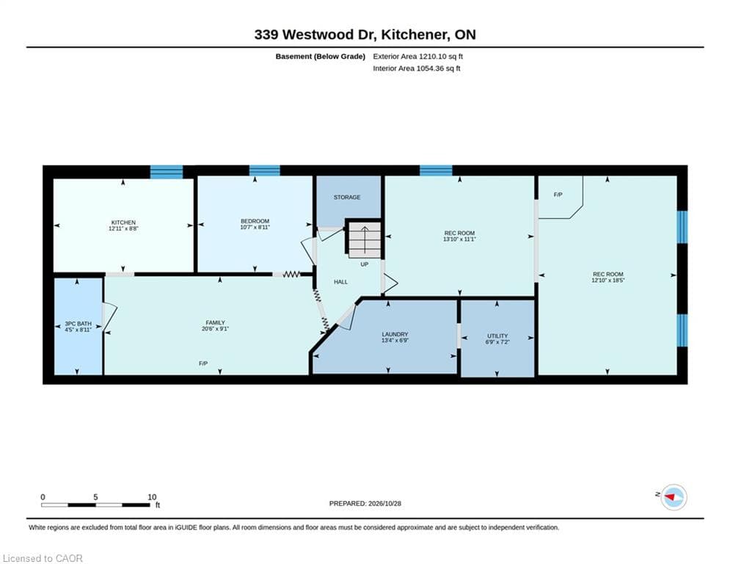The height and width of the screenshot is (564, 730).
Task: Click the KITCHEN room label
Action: tap(123, 223)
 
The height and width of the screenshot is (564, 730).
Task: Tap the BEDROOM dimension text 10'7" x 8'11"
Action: tap(255, 228)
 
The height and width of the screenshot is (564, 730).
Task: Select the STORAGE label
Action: tap(347, 197)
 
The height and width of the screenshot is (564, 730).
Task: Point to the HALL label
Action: tap(341, 282)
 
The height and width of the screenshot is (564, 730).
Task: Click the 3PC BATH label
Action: tap(78, 323)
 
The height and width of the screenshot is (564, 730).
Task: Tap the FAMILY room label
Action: tap(215, 322)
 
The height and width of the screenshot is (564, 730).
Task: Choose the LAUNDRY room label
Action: tap(395, 334)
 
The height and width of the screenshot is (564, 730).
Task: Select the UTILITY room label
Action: tap(497, 336)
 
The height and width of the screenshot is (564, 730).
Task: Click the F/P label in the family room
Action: tap(203, 363)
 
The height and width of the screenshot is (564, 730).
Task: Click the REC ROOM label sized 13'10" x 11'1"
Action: tap(459, 233)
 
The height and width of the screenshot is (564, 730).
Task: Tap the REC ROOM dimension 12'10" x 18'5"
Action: tap(607, 281)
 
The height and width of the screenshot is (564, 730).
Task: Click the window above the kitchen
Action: tap(167, 172)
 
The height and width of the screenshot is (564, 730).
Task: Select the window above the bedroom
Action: tap(264, 170)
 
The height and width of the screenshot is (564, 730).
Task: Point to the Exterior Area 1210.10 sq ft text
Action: tap(417, 57)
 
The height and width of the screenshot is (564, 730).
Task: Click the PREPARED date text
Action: tap(365, 503)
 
